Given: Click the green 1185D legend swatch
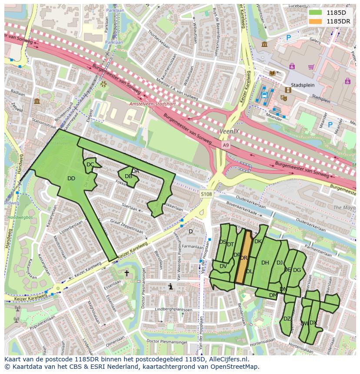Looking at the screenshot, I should (x=316, y=13).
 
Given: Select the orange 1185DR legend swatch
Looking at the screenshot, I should (x=316, y=21).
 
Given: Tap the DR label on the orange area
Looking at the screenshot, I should (x=243, y=258).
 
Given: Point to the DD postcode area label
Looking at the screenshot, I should (x=71, y=179).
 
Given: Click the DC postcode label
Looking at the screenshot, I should (x=90, y=165).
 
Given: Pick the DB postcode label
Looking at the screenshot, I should (x=128, y=176).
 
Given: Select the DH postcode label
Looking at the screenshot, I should (x=265, y=262).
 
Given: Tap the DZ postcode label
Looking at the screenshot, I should (x=287, y=318).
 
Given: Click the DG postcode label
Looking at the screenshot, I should (x=297, y=270).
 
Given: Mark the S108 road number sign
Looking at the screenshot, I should (x=207, y=194).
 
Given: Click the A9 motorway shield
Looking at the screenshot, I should (x=225, y=145).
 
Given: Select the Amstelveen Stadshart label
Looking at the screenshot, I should (x=147, y=104).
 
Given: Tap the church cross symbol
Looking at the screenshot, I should (x=127, y=273).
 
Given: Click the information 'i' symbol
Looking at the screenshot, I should (x=171, y=286).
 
